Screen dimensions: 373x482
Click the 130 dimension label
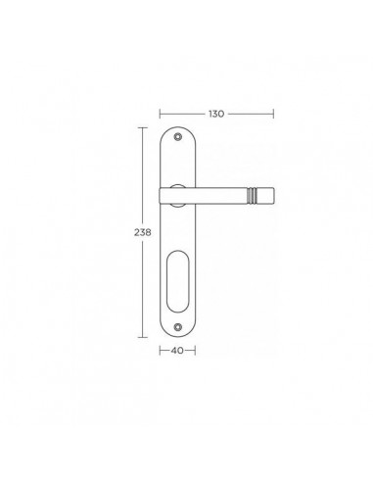point(216,114)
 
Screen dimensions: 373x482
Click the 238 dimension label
point(143,232)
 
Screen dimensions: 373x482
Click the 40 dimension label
point(177,351)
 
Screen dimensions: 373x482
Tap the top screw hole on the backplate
point(177,136)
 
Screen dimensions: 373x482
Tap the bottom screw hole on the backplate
point(177,326)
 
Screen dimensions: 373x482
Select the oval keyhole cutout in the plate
point(177,281)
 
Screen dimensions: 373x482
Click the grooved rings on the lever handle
point(251,195)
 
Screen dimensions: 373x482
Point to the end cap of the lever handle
point(264,195)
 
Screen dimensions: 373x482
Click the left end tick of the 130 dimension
point(160,114)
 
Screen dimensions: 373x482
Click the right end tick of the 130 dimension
point(273,114)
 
